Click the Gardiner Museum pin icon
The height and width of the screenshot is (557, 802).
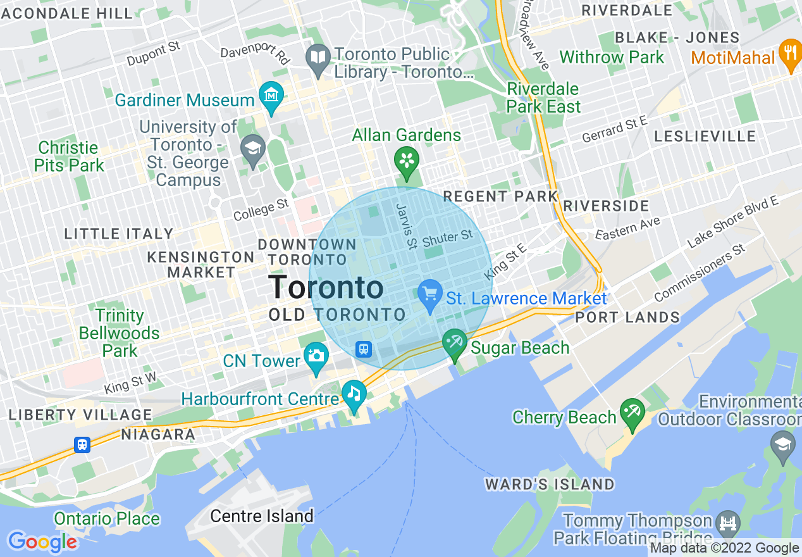click(x=271, y=96)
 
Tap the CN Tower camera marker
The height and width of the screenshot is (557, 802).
click(x=316, y=356)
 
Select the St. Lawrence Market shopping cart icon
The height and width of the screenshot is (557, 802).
click(x=431, y=294)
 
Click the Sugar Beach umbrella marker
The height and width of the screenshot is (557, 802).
click(x=455, y=343)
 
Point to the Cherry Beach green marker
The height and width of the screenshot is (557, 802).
click(x=632, y=412)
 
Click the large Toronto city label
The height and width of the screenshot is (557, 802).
click(x=326, y=288)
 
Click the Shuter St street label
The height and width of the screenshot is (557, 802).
click(x=448, y=239)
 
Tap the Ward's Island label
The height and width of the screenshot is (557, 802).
click(x=550, y=485)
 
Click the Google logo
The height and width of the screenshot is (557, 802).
click(x=42, y=542)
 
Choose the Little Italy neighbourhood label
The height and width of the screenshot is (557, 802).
click(x=119, y=234)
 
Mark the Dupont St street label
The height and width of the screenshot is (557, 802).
click(x=154, y=54)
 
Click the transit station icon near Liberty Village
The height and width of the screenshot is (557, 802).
click(x=82, y=445)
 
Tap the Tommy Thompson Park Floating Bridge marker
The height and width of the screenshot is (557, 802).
click(x=729, y=522)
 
